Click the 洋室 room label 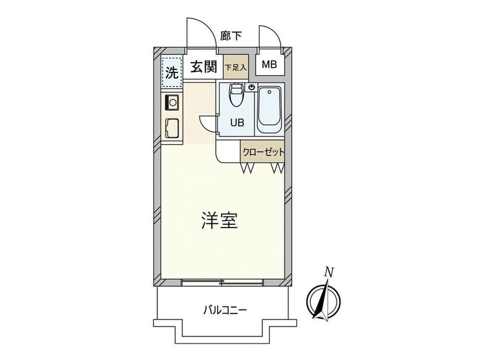pos(220,220)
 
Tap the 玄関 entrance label pos(203,67)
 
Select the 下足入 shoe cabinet pos(236,67)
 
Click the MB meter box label pos(269,65)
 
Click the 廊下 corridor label pos(231,36)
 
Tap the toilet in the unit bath pos(236,94)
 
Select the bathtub pos(269,110)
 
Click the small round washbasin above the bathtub pos(252,87)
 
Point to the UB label pos(237,123)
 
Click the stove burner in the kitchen pos(172,102)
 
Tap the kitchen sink pos(172,128)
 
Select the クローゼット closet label pos(263,152)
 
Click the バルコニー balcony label pos(225,311)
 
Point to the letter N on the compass pos(329,272)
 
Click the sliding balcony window pos(222,283)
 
